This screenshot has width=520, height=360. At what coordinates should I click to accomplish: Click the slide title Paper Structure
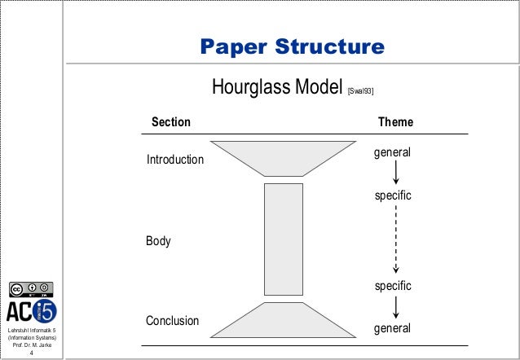pyautogui.click(x=293, y=47)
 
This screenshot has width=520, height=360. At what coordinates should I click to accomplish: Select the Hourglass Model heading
pyautogui.click(x=275, y=87)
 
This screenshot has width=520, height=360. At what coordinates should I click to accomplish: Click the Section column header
pyautogui.click(x=172, y=122)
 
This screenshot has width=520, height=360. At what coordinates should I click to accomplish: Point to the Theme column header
pyautogui.click(x=395, y=122)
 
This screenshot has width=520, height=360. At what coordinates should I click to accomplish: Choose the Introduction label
pyautogui.click(x=174, y=160)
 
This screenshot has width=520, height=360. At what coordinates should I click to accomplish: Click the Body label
pyautogui.click(x=157, y=242)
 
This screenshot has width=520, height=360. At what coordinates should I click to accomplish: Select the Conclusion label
pyautogui.click(x=172, y=321)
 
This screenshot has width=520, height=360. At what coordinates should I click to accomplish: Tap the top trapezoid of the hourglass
pyautogui.click(x=283, y=159)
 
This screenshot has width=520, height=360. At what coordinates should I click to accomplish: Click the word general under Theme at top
pyautogui.click(x=392, y=152)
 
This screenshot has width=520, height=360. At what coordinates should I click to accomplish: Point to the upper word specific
pyautogui.click(x=393, y=197)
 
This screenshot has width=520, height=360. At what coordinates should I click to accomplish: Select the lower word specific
pyautogui.click(x=393, y=287)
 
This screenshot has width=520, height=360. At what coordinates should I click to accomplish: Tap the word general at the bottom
pyautogui.click(x=392, y=329)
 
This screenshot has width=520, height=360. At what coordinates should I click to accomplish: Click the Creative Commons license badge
pyautogui.click(x=31, y=288)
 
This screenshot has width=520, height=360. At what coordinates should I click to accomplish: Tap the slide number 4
pyautogui.click(x=31, y=353)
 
